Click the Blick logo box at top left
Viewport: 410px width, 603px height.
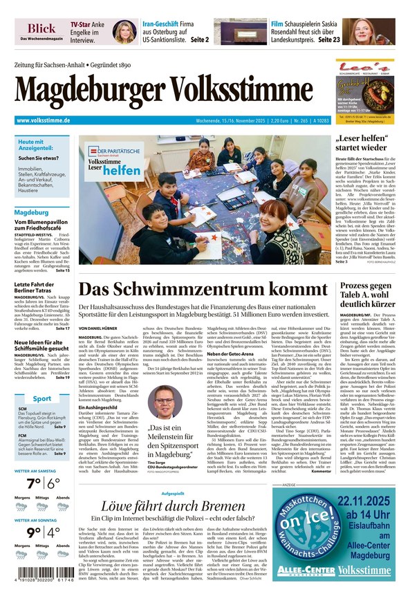pos(41,31)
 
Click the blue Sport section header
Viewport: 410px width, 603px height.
pos(42,398)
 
